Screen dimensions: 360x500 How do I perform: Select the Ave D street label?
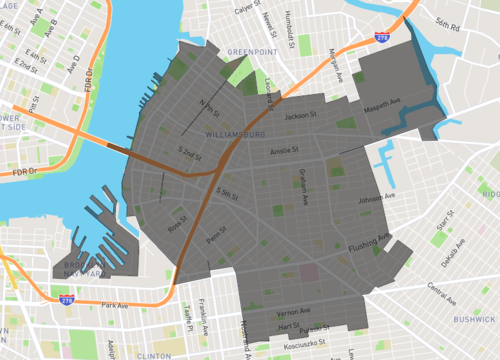pos(73,63)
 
